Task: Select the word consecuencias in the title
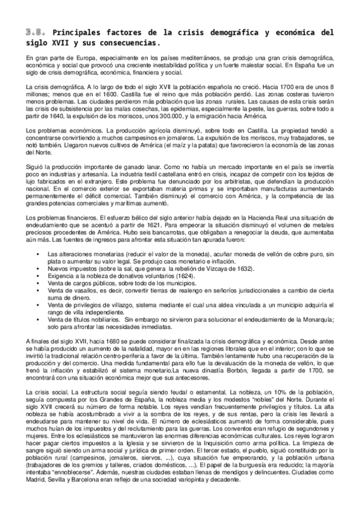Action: click(x=127, y=43)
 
